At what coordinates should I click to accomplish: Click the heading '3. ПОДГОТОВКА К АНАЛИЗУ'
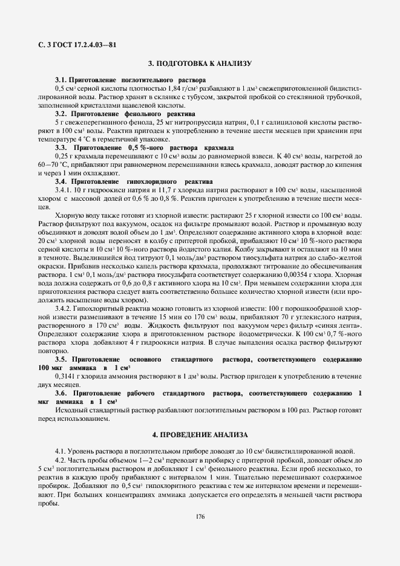(x=200, y=63)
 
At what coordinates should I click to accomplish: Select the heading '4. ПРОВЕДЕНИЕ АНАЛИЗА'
(x=200, y=435)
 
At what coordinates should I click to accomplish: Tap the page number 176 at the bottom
(x=200, y=516)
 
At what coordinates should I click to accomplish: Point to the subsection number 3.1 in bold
(x=60, y=80)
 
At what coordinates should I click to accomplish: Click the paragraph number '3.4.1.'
(x=64, y=190)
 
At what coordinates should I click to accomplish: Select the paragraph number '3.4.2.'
(x=64, y=308)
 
